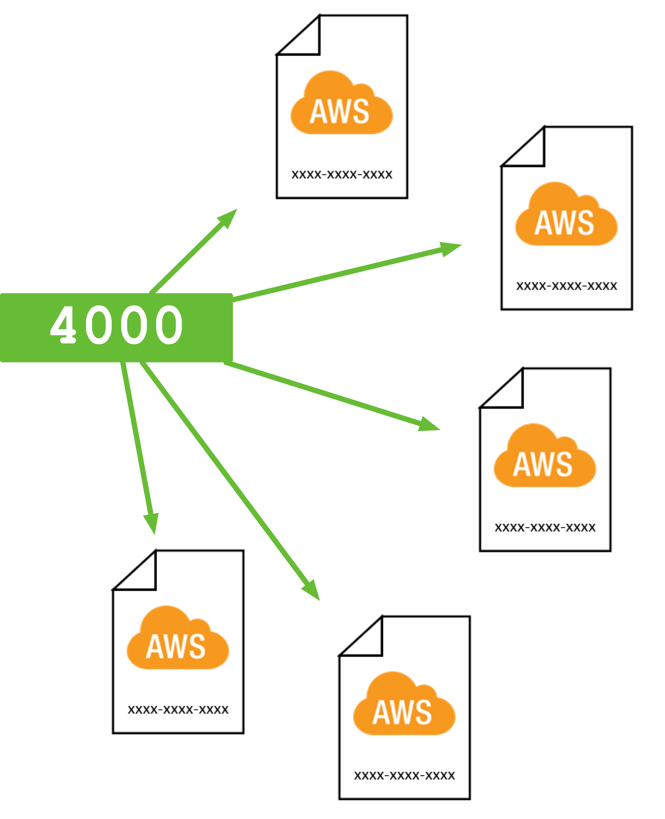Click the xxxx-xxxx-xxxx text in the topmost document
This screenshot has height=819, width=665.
click(x=342, y=175)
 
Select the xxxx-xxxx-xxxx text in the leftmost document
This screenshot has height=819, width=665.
click(x=178, y=710)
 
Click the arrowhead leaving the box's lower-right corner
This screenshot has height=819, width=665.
click(x=429, y=425)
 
